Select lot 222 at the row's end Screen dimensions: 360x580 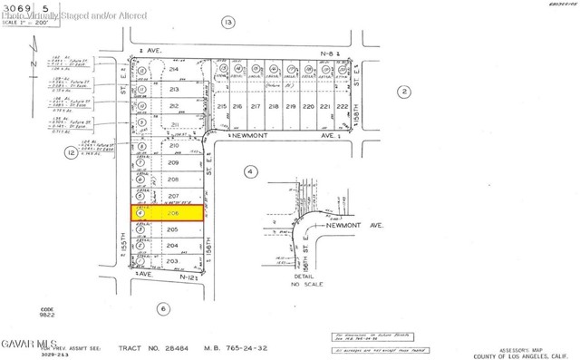[342, 106]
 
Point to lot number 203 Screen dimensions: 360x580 [172, 261]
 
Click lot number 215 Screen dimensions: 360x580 [223, 107]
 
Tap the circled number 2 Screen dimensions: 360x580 [404, 91]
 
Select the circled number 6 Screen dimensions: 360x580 [163, 308]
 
